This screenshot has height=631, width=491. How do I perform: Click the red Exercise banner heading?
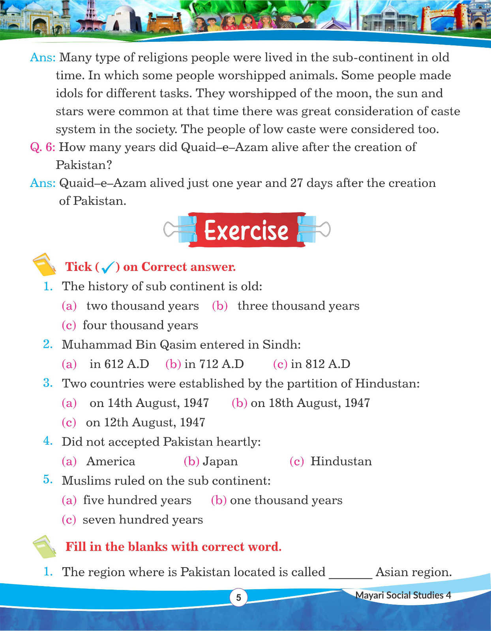[246, 230]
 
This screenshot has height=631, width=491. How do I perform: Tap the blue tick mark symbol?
[108, 268]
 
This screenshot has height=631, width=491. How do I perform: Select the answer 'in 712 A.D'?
[214, 364]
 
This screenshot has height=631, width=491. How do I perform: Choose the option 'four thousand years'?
[140, 325]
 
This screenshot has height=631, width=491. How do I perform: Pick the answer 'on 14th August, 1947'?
[149, 403]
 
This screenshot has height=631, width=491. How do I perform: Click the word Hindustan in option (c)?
[341, 461]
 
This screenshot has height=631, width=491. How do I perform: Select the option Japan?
[220, 461]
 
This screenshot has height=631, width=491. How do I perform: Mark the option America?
[111, 461]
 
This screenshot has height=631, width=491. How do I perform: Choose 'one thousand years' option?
[286, 500]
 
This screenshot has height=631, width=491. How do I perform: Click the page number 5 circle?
[238, 597]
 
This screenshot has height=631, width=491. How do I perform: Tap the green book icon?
[44, 547]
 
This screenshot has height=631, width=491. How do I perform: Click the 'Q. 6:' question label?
[43, 147]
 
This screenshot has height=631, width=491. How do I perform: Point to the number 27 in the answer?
[296, 183]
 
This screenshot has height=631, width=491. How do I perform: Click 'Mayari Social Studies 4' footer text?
[403, 596]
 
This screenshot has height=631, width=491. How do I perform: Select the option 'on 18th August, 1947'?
[310, 403]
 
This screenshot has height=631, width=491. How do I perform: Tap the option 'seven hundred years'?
[142, 520]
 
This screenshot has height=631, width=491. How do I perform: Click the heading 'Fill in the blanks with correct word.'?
[173, 547]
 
